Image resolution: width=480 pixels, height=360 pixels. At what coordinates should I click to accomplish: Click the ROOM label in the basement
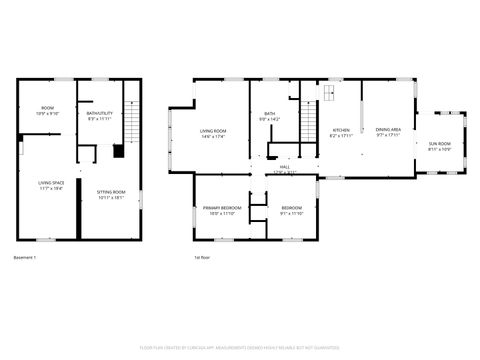[47, 107]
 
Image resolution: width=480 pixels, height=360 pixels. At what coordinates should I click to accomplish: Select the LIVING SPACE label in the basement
[51, 183]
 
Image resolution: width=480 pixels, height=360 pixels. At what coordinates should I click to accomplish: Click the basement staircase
[131, 126]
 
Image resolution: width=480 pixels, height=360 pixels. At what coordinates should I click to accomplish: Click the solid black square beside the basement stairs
[118, 152]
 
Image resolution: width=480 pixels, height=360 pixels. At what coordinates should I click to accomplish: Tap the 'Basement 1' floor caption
[25, 258]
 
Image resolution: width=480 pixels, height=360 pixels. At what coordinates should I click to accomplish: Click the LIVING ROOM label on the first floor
[212, 131]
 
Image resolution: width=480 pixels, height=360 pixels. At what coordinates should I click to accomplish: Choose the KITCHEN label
[341, 130]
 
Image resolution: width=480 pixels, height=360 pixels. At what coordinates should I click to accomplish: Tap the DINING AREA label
[388, 130]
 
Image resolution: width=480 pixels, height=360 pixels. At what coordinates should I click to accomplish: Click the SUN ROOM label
[440, 144]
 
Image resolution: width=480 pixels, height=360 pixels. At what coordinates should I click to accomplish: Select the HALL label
[285, 168]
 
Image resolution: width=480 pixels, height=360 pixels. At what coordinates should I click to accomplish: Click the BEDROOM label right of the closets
[291, 207]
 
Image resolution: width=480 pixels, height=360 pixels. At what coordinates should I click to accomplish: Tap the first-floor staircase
[309, 126]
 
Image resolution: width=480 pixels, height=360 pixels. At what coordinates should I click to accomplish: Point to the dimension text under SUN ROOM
[440, 150]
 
